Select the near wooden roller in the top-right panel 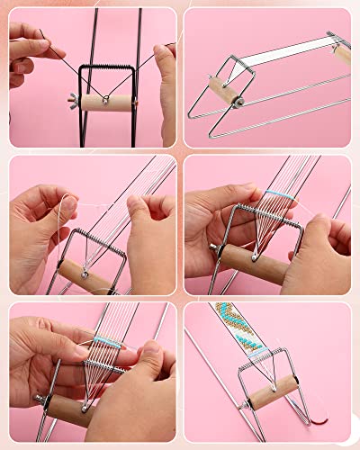(224, 91)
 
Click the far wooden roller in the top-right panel (341, 54)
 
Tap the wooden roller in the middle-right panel (256, 262)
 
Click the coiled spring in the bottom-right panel (261, 365)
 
